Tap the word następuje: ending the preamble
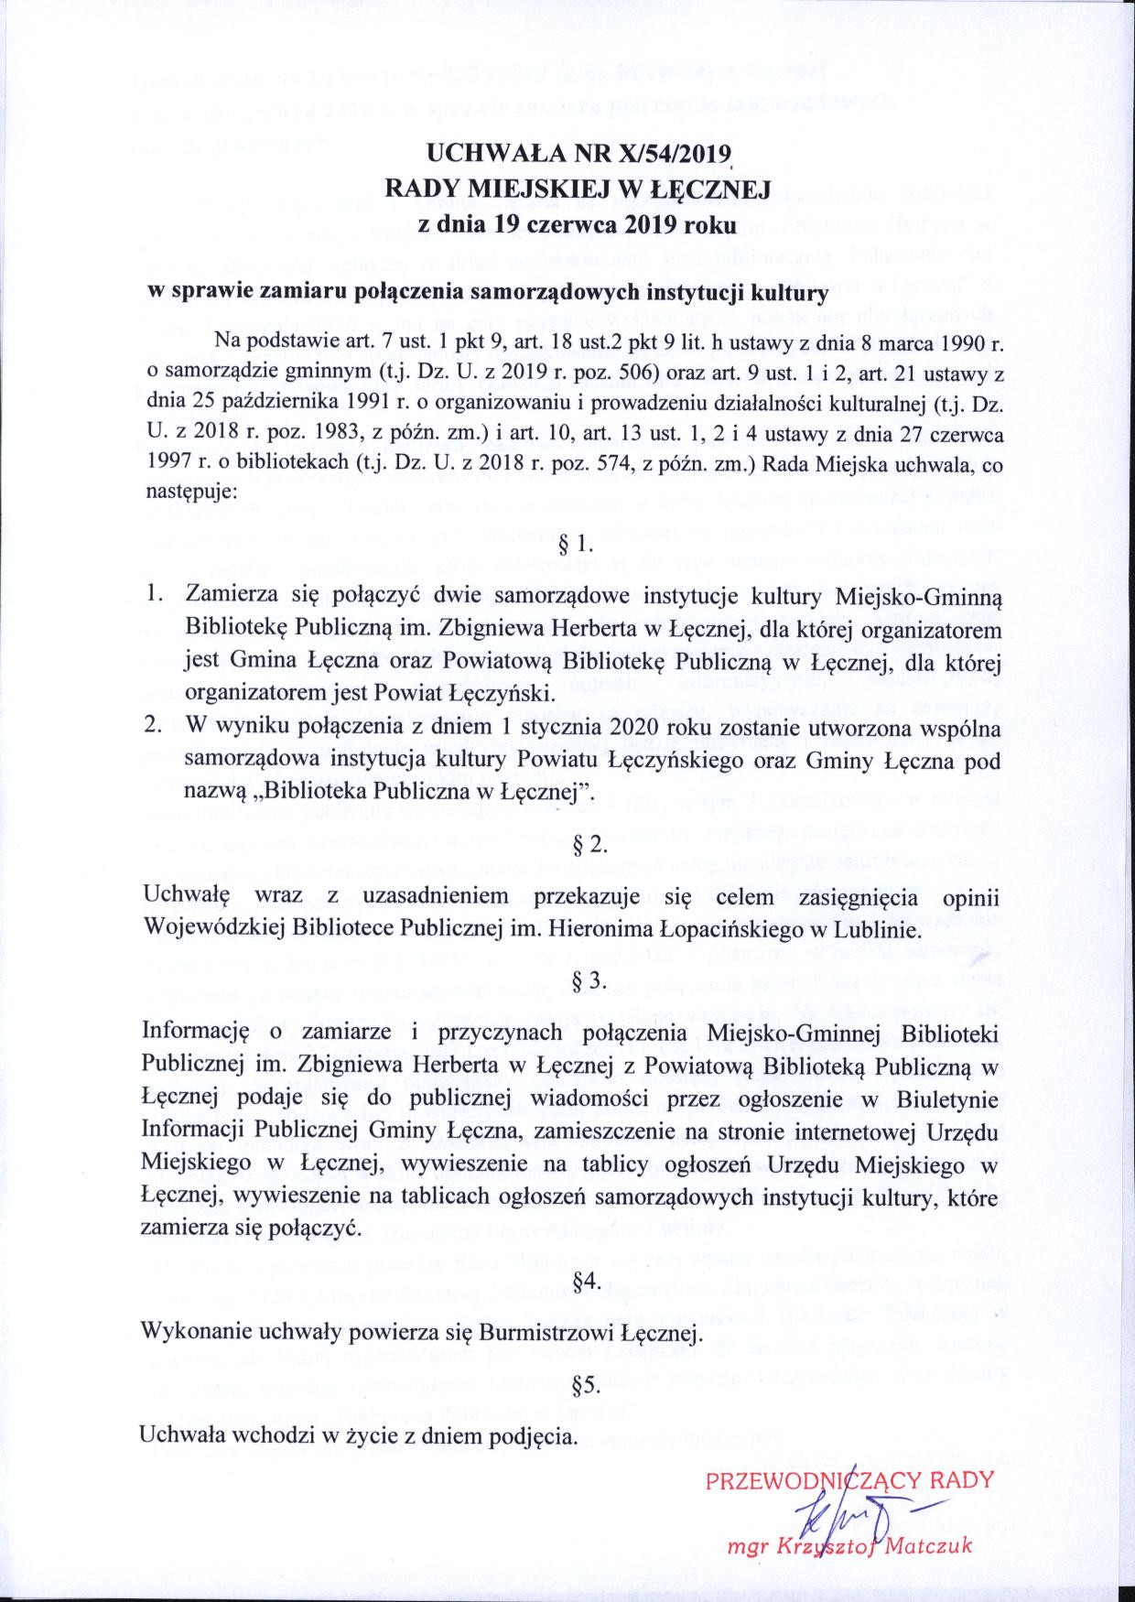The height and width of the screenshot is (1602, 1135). click(x=190, y=492)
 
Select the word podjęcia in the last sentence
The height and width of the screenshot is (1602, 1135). click(x=539, y=1435)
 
